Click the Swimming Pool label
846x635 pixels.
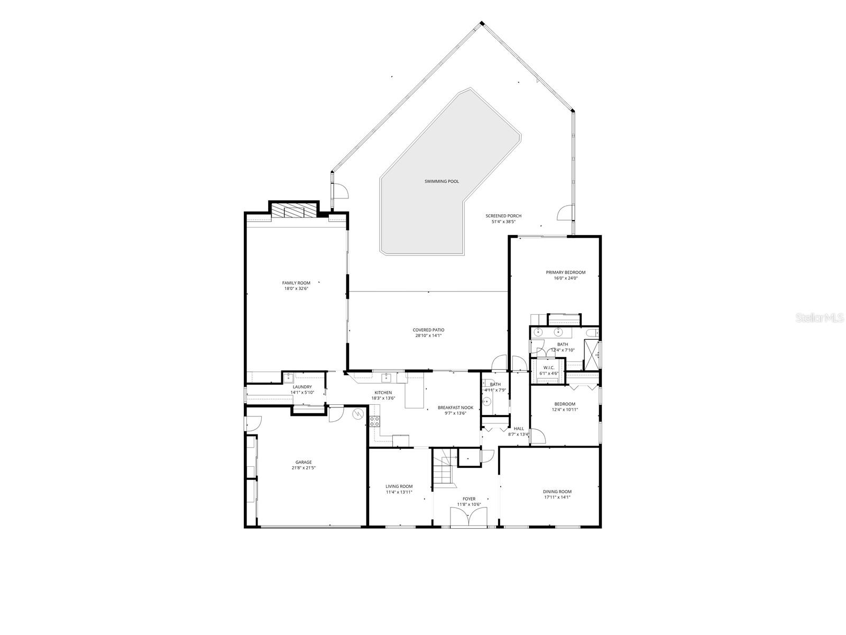click(442, 182)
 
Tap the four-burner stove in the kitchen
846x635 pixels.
click(374, 421)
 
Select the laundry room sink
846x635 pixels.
click(289, 378)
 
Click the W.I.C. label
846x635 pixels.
click(548, 368)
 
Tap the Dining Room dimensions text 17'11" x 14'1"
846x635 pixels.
click(557, 497)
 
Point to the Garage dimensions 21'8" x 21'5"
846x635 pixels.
click(304, 468)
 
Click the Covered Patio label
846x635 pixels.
click(428, 330)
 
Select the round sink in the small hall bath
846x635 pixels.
click(487, 402)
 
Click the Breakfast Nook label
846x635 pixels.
click(452, 407)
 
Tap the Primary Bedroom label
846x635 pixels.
click(566, 273)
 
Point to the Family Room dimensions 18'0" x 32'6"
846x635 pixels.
click(296, 289)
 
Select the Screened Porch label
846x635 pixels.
click(503, 216)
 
